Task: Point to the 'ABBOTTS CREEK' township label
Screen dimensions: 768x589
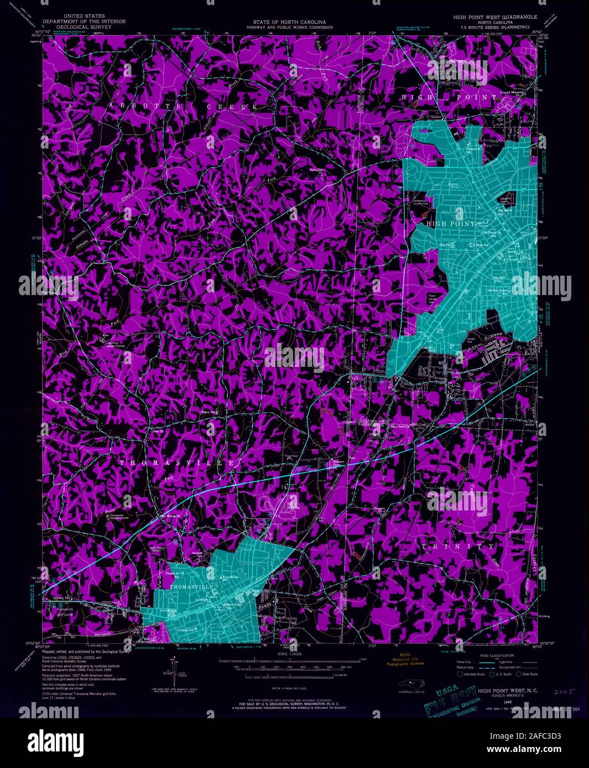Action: [x=183, y=106]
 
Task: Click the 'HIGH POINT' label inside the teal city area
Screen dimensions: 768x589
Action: [x=451, y=223]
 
